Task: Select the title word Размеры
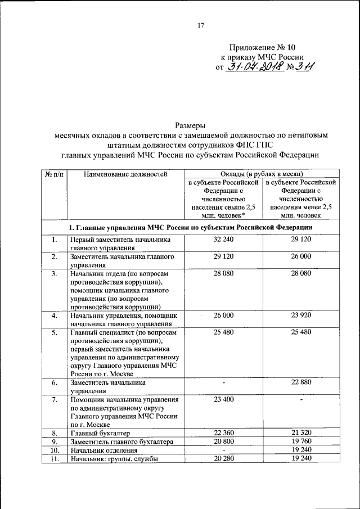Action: click(190, 125)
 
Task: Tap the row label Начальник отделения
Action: click(104, 451)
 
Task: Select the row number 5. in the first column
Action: click(54, 332)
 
